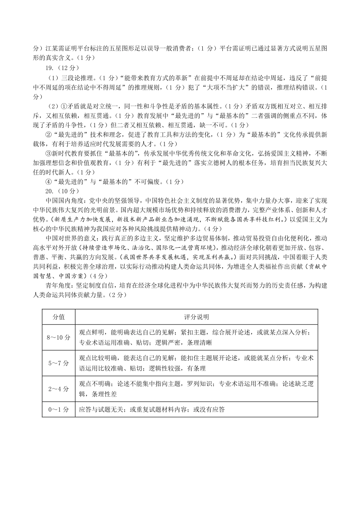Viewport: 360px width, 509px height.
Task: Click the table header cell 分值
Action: [59, 317]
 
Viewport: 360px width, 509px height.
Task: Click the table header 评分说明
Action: [196, 317]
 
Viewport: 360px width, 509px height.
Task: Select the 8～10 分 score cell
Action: [59, 337]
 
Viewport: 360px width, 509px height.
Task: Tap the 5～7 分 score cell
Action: [59, 363]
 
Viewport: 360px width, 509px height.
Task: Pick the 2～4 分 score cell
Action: [59, 389]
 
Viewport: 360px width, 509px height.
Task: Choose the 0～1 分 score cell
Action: [59, 409]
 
